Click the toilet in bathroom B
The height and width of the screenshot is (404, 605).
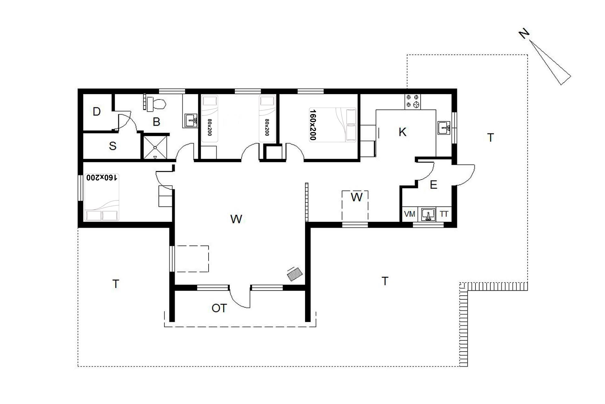point(156,104)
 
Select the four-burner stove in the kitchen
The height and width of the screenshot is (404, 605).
point(412,101)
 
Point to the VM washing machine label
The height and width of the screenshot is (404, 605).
point(409,214)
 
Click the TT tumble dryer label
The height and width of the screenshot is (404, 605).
point(444,214)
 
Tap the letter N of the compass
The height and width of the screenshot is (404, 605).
point(524,33)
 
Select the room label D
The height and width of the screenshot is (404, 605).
point(97,111)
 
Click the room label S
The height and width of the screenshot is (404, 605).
point(112,146)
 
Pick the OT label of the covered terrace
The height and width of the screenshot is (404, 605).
point(219,308)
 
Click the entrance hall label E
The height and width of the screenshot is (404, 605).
point(434,185)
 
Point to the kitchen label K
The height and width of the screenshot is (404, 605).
point(402,132)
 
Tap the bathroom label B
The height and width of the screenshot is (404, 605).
point(156,122)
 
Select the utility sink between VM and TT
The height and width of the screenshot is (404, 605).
point(428,215)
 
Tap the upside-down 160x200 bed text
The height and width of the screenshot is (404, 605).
point(102,177)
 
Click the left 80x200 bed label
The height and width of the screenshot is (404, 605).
point(210,127)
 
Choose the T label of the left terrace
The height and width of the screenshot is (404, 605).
point(116,284)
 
